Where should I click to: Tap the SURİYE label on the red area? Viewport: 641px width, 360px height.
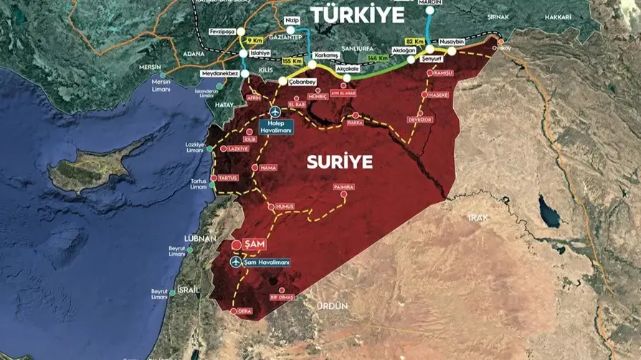[340, 162]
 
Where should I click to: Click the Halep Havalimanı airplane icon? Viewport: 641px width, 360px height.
[276, 113]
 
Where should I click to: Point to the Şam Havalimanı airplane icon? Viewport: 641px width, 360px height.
[235, 262]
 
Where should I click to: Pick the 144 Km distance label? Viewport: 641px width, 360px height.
[378, 57]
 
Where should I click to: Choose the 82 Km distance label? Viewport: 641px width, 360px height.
[415, 42]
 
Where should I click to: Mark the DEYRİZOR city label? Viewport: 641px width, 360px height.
[420, 120]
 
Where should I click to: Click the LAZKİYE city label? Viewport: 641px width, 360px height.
[238, 148]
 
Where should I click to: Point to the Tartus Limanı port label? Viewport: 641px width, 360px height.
[199, 184]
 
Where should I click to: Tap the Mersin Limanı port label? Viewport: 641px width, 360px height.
[162, 85]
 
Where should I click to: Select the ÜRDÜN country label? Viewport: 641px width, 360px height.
[333, 306]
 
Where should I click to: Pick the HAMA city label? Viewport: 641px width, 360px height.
[268, 168]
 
